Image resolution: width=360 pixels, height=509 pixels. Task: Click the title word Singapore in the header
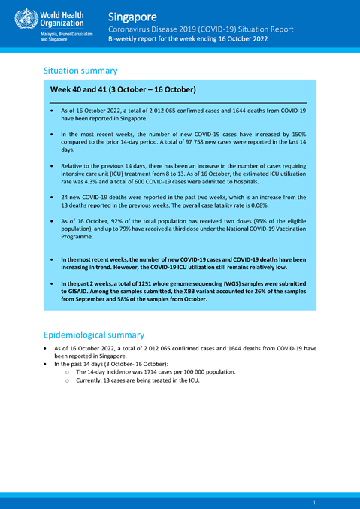tap(132, 16)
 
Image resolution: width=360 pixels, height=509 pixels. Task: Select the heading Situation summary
tap(80, 71)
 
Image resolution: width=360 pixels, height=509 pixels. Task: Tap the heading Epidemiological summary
tap(94, 335)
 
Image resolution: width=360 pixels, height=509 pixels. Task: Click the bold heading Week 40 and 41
tap(123, 90)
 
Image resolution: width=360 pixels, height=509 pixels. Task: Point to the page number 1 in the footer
tap(313, 501)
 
